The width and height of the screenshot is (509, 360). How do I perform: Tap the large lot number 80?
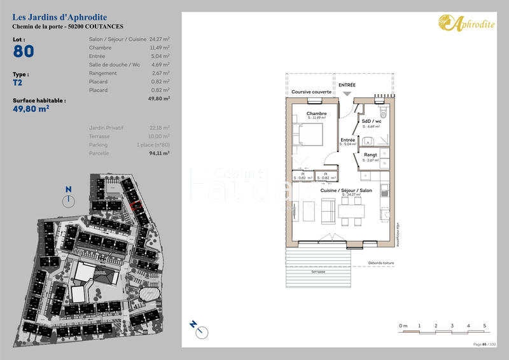click(x=24, y=52)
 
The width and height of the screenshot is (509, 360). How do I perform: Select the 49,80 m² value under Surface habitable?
click(x=31, y=109)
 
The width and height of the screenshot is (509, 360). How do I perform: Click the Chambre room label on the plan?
click(x=316, y=114)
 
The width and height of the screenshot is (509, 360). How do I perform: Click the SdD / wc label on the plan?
click(x=371, y=121)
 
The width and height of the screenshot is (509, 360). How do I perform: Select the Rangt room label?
click(x=370, y=155)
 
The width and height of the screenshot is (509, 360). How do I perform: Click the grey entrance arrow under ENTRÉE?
click(x=347, y=94)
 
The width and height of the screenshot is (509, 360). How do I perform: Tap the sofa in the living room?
click(x=329, y=211)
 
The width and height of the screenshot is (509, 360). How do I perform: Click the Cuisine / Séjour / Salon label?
click(x=346, y=191)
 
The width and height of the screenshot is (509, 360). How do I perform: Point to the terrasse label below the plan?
click(x=317, y=272)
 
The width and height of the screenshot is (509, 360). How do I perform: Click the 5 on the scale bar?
click(x=485, y=326)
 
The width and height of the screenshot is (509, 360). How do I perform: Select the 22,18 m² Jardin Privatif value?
click(x=159, y=127)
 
